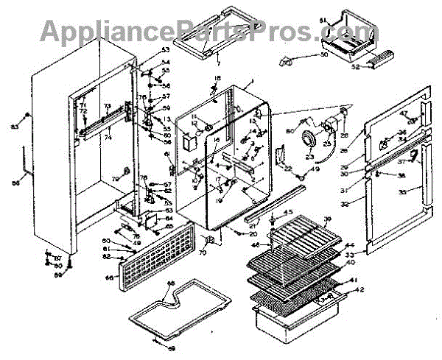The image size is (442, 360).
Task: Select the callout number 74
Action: tap(108, 137)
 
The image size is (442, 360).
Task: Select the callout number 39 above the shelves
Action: tap(328, 219)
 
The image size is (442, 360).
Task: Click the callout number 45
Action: tap(288, 212)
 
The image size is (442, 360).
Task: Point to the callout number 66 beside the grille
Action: tap(110, 278)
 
